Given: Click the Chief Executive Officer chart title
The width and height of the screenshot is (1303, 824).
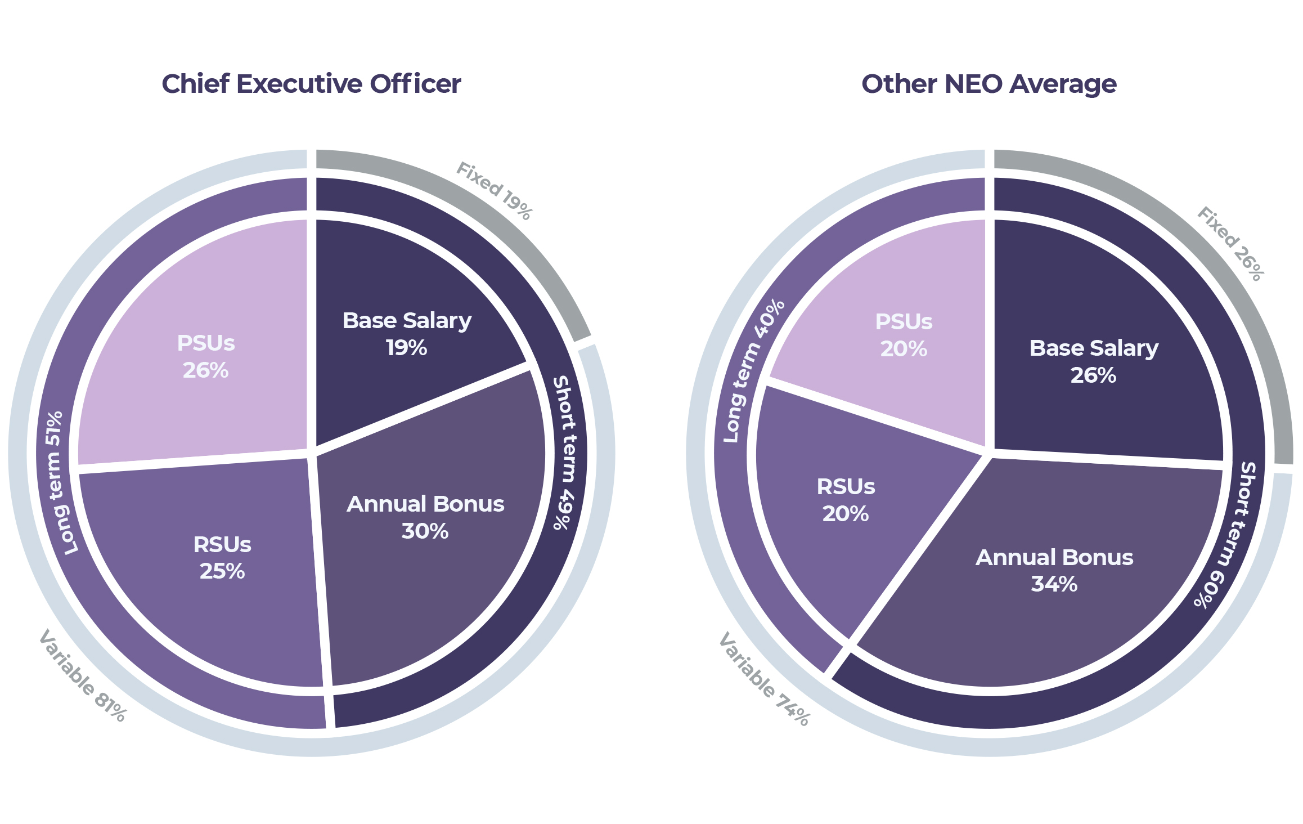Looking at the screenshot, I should (311, 84).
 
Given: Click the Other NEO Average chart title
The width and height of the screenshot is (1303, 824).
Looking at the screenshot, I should (989, 84).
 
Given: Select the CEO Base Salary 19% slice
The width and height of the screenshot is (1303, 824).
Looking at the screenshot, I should (406, 333).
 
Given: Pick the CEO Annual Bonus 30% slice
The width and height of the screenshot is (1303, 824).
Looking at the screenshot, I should (425, 517).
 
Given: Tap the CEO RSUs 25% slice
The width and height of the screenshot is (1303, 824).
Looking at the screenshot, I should (222, 557).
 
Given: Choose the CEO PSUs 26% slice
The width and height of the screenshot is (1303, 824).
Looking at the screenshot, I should (205, 356).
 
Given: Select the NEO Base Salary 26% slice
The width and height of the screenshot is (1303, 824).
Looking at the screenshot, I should (1093, 361).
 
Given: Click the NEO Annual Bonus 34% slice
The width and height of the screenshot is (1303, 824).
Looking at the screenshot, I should (1054, 570).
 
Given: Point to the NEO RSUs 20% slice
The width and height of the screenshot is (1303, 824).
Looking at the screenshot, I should (845, 499).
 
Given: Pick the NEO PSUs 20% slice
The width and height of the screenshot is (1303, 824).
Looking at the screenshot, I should (904, 335).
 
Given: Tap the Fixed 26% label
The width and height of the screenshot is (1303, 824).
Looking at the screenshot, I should (1231, 243).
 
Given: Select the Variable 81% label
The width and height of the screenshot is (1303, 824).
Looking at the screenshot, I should (82, 675).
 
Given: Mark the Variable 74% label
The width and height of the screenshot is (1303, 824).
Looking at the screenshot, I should (764, 679).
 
